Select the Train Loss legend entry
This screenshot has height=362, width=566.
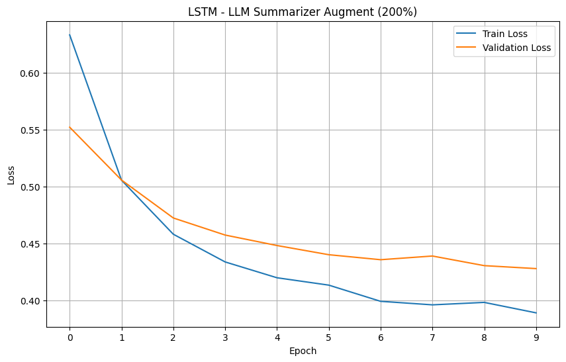click(x=508, y=34)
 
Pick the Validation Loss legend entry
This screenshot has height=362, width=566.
click(x=516, y=48)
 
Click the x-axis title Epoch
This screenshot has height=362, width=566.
click(x=303, y=351)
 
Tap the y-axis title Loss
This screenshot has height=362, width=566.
click(x=11, y=175)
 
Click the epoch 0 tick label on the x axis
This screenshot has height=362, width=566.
click(x=70, y=337)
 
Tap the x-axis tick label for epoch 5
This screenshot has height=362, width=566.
click(x=329, y=337)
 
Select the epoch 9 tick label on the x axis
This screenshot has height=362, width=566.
click(x=536, y=337)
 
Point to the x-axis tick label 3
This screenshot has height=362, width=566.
click(x=225, y=337)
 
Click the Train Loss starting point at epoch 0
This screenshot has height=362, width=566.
click(x=70, y=35)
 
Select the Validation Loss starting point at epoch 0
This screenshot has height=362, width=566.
click(x=70, y=127)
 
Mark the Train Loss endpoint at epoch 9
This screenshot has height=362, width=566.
click(x=536, y=313)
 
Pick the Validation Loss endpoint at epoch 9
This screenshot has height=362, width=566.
click(x=536, y=269)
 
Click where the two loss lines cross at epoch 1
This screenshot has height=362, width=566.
click(x=122, y=180)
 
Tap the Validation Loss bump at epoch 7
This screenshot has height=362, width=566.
click(x=432, y=256)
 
